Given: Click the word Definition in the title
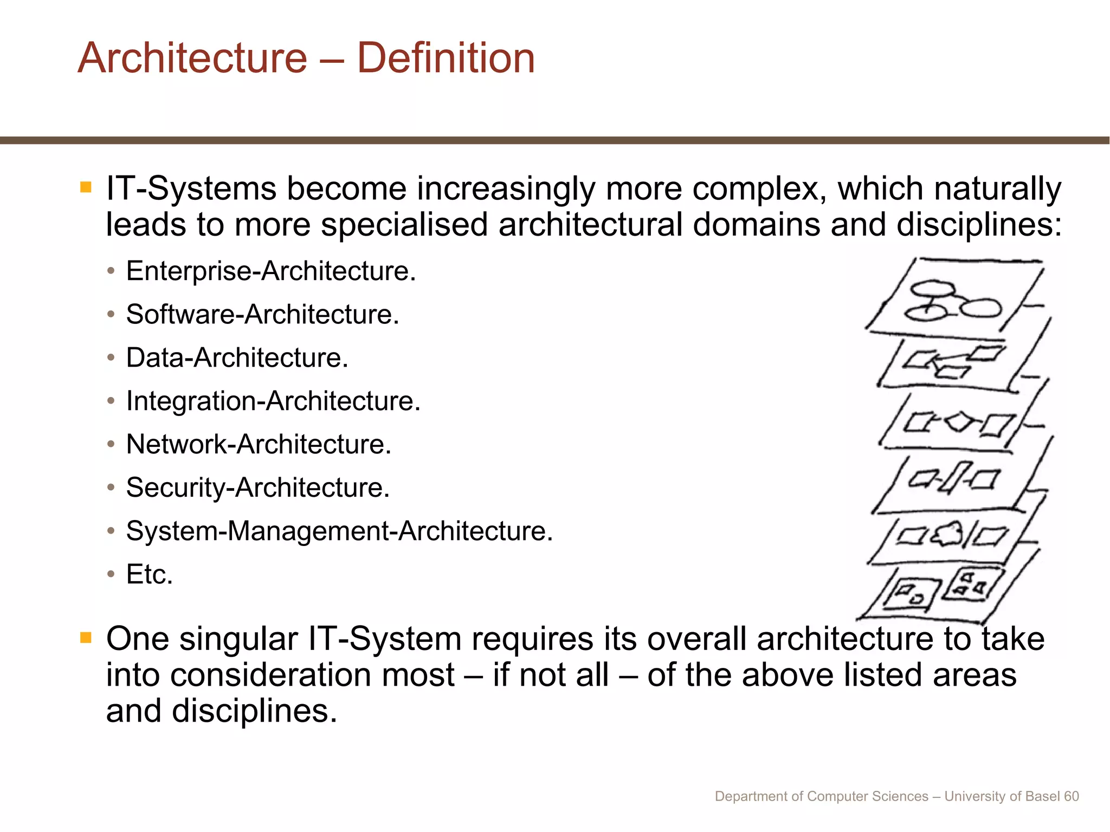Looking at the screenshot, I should click(446, 58).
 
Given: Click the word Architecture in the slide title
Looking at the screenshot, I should click(192, 58).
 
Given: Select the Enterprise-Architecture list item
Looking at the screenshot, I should click(270, 271).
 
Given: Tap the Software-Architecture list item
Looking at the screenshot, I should click(262, 314).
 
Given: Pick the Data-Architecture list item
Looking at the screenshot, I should click(237, 357).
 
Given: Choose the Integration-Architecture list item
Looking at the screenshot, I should click(273, 401).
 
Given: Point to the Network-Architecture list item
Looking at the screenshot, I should click(258, 444).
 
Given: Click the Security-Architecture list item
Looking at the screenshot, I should click(257, 487).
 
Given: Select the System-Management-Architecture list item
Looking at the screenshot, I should click(339, 531).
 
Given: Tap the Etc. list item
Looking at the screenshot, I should click(149, 574).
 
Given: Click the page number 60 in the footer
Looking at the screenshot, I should click(1071, 796).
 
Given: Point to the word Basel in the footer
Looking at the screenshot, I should click(1043, 796).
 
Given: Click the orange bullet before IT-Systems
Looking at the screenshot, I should click(86, 187).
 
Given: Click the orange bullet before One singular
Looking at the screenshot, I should click(86, 638).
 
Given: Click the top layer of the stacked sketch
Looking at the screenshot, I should click(954, 295).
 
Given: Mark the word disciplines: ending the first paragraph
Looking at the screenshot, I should click(979, 224).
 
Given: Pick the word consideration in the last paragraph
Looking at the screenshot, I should click(312, 675).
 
